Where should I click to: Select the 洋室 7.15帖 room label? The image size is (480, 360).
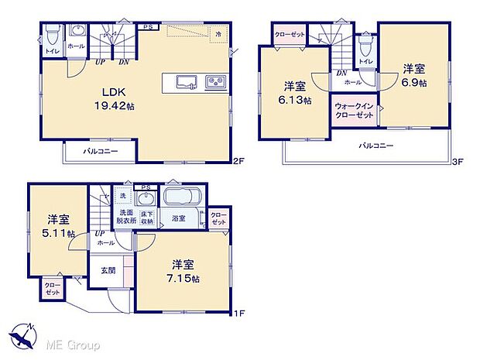(x=185, y=270)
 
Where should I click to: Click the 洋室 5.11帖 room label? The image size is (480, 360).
(x=59, y=226)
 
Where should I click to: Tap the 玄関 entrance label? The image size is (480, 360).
(x=108, y=270)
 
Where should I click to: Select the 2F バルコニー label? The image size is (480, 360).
(x=101, y=151)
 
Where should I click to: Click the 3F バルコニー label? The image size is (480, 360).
(x=375, y=145)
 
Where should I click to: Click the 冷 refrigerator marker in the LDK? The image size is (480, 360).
(x=221, y=34)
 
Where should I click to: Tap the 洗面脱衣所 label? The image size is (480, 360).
(x=126, y=217)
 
